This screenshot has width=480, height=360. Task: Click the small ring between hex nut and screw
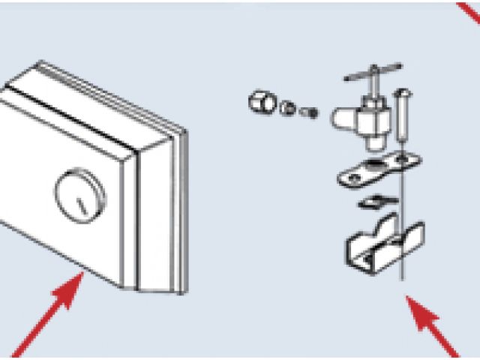coord(286,107)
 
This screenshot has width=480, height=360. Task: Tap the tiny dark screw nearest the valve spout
coord(307,112)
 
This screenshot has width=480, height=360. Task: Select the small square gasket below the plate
coord(372,202)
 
